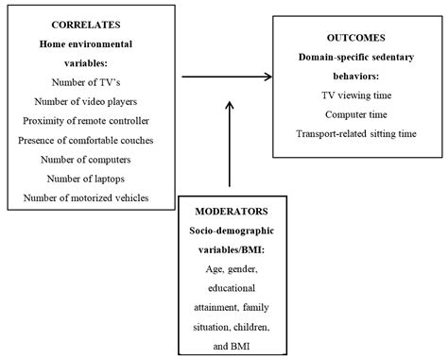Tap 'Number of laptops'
(x=83, y=178)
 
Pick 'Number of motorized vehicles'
(x=83, y=197)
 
